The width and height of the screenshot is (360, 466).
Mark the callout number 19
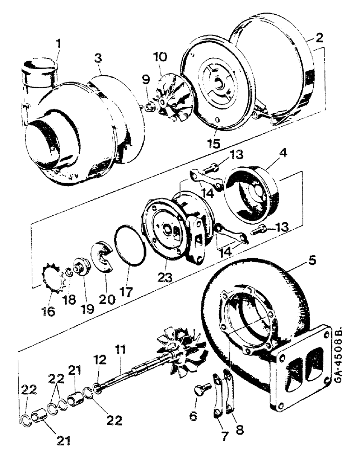coord(88,308)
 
